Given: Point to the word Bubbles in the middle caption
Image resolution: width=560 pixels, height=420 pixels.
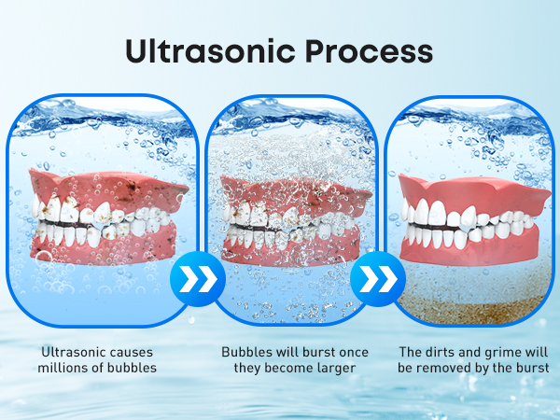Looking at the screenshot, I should click(245, 353).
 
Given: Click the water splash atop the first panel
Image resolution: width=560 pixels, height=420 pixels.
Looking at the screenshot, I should click(103, 117).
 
